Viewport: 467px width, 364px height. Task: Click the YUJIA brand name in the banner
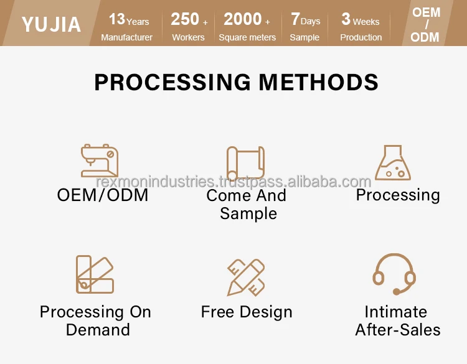tap(51, 24)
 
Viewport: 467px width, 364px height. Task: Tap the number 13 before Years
tap(117, 19)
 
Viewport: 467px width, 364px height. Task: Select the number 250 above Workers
tap(185, 19)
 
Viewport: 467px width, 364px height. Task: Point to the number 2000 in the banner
tap(243, 19)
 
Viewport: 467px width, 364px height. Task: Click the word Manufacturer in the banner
tap(126, 37)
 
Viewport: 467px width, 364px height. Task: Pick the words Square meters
tap(247, 37)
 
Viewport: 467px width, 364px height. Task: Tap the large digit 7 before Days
tap(295, 19)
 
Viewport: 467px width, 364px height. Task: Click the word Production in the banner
tap(361, 37)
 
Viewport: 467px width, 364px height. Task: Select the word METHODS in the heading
tap(318, 82)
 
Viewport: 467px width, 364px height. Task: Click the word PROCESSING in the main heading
tap(172, 82)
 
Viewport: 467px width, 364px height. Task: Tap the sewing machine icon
tap(100, 161)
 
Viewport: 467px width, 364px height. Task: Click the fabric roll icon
tap(245, 162)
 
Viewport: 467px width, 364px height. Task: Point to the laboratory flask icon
tap(393, 162)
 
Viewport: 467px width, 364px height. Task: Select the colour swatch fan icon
tap(95, 274)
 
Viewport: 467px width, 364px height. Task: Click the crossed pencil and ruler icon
tap(246, 278)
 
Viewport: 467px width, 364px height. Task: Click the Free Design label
tap(247, 312)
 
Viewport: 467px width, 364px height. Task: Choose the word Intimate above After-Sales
tap(396, 312)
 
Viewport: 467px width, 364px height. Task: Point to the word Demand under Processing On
tap(98, 330)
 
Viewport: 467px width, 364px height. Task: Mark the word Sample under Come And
tap(248, 213)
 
